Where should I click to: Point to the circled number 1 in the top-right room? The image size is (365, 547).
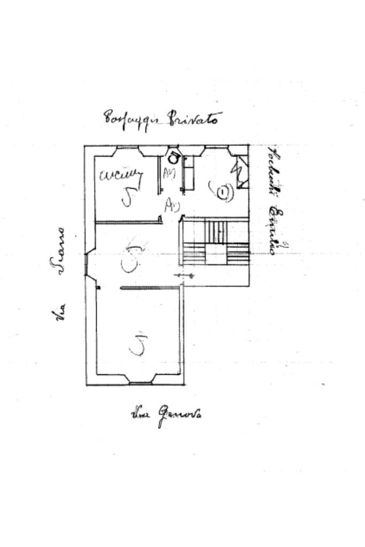click(x=223, y=191)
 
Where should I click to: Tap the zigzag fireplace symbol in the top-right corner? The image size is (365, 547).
click(x=238, y=172)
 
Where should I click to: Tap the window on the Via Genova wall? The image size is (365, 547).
click(x=141, y=382)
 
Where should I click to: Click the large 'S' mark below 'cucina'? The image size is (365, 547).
click(x=128, y=197)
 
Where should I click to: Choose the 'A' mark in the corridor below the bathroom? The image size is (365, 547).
click(x=172, y=205)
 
